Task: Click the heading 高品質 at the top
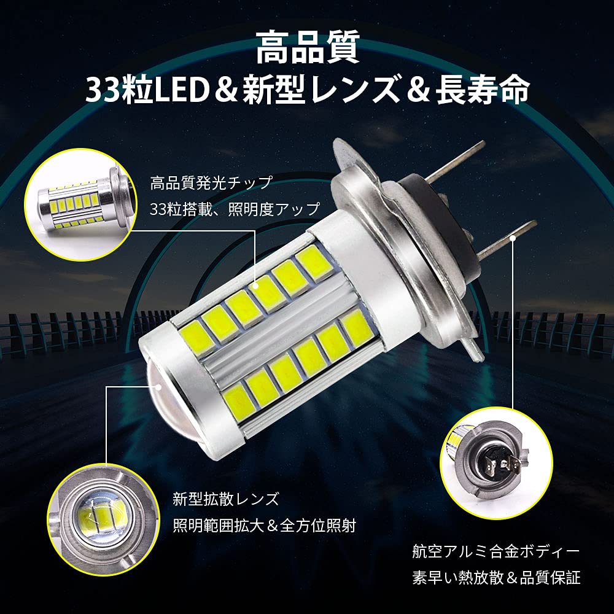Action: click(x=306, y=49)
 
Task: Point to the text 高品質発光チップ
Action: click(x=211, y=183)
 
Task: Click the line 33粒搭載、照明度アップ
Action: click(x=235, y=209)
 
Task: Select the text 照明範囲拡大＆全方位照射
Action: click(x=265, y=525)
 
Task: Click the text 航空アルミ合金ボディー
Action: click(x=496, y=550)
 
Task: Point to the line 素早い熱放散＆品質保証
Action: click(x=496, y=578)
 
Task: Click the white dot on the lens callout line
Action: click(x=159, y=387)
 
